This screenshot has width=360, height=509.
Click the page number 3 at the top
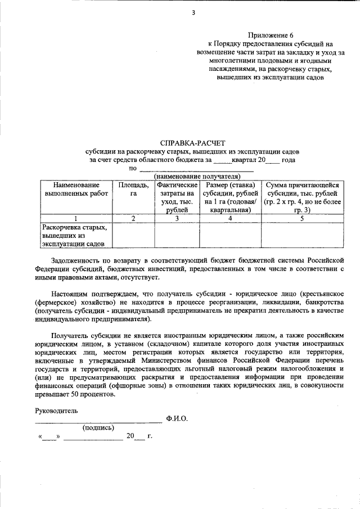[192, 12]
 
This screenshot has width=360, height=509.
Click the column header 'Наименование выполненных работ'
[76, 189]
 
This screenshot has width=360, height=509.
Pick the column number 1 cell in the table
[76, 218]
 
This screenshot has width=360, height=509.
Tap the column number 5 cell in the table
[302, 218]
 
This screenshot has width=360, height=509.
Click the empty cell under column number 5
[302, 236]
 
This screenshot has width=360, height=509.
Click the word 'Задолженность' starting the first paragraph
[74, 261]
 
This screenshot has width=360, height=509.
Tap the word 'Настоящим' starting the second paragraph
[67, 294]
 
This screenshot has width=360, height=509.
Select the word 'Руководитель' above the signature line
[56, 411]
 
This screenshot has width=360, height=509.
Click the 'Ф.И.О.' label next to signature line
[177, 419]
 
